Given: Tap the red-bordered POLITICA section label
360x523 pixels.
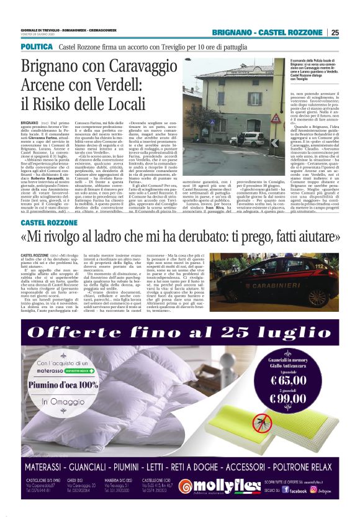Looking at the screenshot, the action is tap(36, 47).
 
